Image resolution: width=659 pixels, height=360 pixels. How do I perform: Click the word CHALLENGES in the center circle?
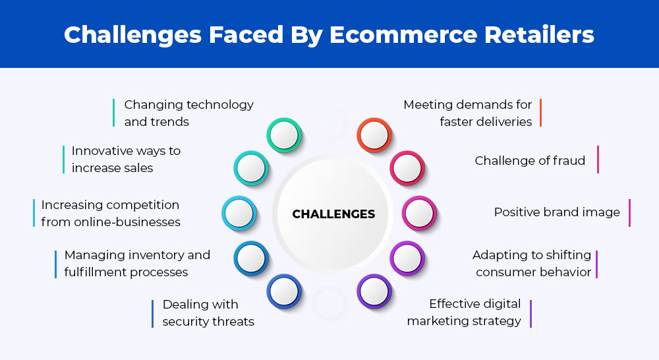pyautogui.click(x=333, y=214)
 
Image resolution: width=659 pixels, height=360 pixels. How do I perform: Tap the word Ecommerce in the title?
pyautogui.click(x=403, y=34)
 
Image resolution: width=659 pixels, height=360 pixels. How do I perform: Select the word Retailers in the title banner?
pyautogui.click(x=539, y=34)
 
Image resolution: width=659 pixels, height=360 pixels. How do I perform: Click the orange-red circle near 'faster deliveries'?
pyautogui.click(x=374, y=135)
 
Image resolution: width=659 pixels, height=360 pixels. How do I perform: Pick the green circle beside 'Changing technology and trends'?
pyautogui.click(x=284, y=135)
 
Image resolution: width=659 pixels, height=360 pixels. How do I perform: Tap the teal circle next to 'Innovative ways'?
pyautogui.click(x=251, y=168)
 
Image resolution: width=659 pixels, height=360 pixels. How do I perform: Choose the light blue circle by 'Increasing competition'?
pyautogui.click(x=239, y=213)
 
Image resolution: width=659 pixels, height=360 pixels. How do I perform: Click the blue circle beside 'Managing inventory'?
pyautogui.click(x=251, y=258)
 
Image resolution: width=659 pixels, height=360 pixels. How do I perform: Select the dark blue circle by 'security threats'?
pyautogui.click(x=284, y=291)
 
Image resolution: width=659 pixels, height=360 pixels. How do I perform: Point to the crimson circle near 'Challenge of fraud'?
pyautogui.click(x=407, y=168)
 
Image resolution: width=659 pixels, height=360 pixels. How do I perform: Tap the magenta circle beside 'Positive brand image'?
pyautogui.click(x=419, y=213)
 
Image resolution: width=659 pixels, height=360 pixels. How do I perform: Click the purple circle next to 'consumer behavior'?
pyautogui.click(x=407, y=258)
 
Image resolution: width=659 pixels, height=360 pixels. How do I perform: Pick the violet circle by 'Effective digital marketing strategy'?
pyautogui.click(x=374, y=291)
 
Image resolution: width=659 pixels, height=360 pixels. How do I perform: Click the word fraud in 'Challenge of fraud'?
pyautogui.click(x=569, y=160)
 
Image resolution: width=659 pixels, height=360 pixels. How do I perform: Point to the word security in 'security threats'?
pyautogui.click(x=183, y=321)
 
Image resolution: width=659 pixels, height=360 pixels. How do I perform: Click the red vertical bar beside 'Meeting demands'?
pyautogui.click(x=540, y=113)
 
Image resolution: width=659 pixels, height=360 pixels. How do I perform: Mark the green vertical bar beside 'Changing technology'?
pyautogui.click(x=113, y=113)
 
